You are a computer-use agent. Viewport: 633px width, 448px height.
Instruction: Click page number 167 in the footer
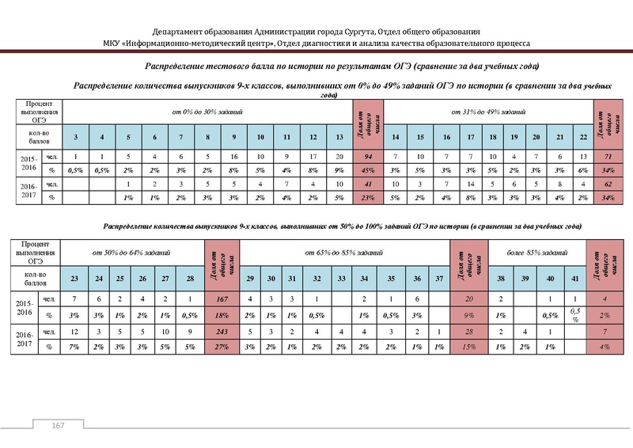(58, 427)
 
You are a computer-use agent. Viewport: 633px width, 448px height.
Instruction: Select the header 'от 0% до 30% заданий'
(208, 112)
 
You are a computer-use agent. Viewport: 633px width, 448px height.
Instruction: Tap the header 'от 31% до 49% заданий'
(487, 112)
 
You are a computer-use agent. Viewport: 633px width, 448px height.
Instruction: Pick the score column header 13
(339, 138)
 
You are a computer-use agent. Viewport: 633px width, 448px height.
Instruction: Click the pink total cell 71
(610, 158)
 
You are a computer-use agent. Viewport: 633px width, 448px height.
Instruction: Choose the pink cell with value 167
(221, 299)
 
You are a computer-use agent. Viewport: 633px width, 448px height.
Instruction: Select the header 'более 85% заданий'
(538, 252)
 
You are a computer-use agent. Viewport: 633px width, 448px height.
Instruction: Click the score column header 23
(74, 279)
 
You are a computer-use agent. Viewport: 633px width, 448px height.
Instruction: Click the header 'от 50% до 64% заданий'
(132, 252)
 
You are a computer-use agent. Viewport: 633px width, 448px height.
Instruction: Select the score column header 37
(439, 279)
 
